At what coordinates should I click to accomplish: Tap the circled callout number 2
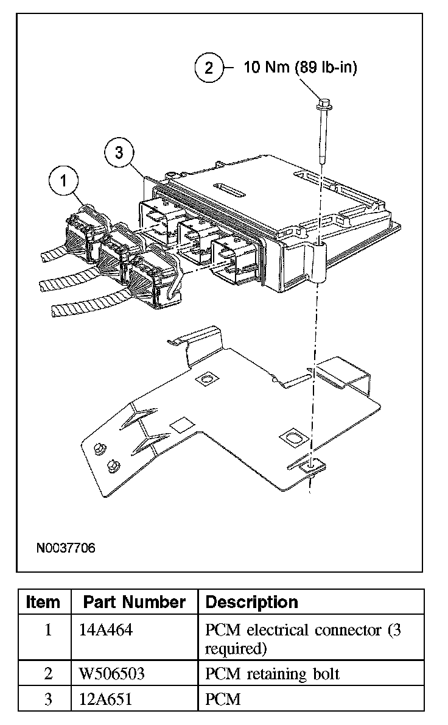[x=209, y=67]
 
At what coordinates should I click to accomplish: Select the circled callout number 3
[x=119, y=152]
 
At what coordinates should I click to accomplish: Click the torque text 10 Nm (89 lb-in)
[x=300, y=67]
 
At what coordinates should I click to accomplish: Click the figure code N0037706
[x=66, y=548]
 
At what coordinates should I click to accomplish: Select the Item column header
[x=44, y=603]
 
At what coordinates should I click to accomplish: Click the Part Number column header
[x=134, y=603]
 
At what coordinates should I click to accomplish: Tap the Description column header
[x=252, y=603]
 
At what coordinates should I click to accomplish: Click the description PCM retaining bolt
[x=272, y=674]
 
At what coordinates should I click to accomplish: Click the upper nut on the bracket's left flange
[x=99, y=449]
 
